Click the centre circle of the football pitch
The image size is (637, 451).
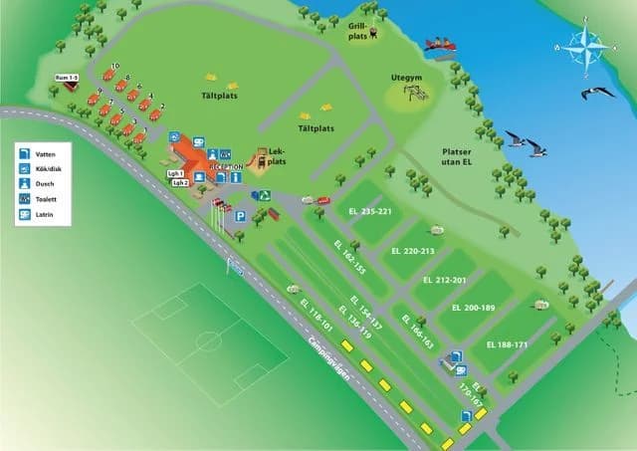[x=208, y=340]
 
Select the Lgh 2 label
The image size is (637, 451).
[x=180, y=183]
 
